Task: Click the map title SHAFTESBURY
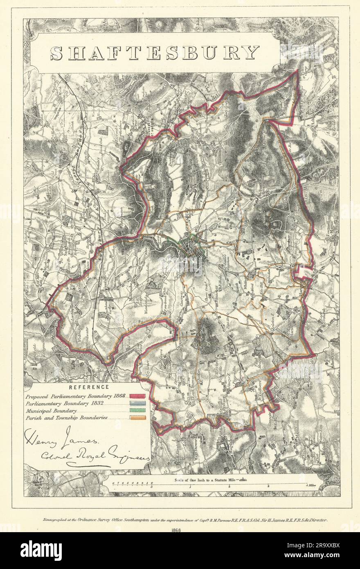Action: click(155, 53)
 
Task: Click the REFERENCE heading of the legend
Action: click(89, 386)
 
